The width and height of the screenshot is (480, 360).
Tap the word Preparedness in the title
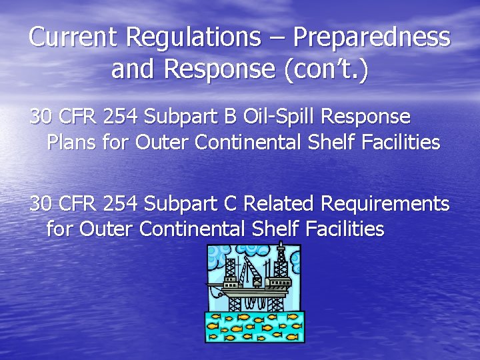371,37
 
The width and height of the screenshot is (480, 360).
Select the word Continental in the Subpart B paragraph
259,142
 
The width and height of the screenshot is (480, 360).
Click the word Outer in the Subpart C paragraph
107,229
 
